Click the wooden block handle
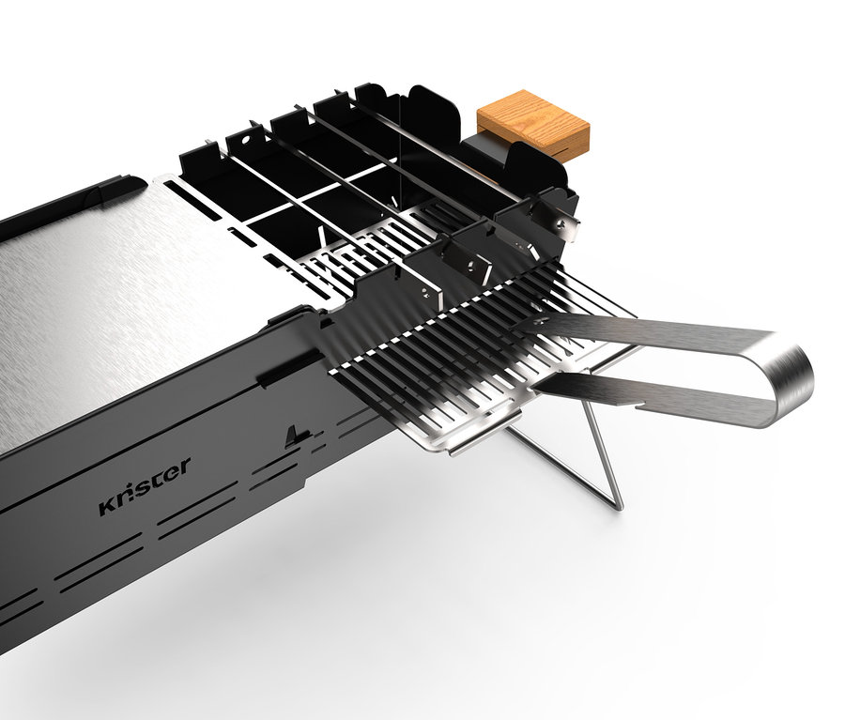pyautogui.click(x=532, y=124)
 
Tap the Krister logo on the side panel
pyautogui.click(x=145, y=486)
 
